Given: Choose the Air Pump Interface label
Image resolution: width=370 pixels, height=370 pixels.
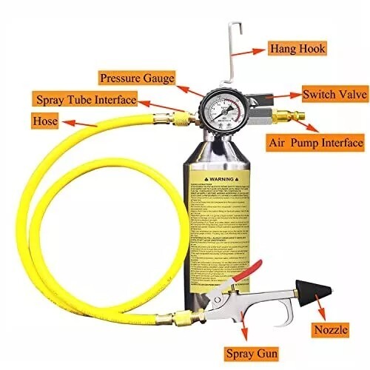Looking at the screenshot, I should tap(314, 142).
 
